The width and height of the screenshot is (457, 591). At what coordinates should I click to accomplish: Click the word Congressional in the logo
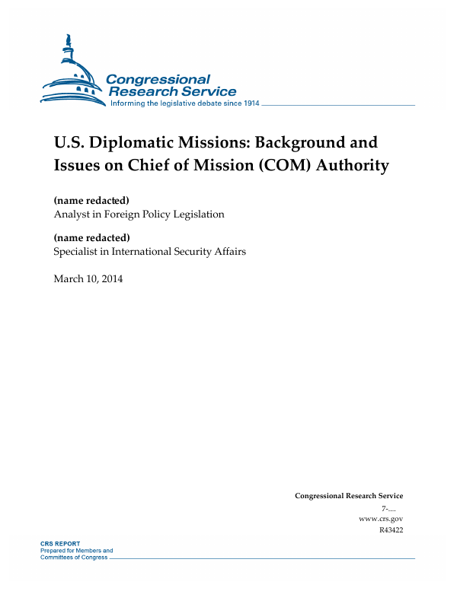(158, 79)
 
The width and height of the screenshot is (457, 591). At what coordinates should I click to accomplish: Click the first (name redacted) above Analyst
(91, 200)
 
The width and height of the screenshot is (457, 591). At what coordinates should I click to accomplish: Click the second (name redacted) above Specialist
(91, 238)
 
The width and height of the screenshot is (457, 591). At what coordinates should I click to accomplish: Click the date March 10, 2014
(88, 278)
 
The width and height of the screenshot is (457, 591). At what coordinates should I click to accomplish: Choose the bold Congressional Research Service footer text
(349, 496)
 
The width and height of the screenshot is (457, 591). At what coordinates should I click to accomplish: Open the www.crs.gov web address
(380, 518)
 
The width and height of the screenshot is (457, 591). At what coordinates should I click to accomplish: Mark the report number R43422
(390, 529)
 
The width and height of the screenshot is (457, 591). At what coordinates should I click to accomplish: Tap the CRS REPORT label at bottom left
(59, 544)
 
